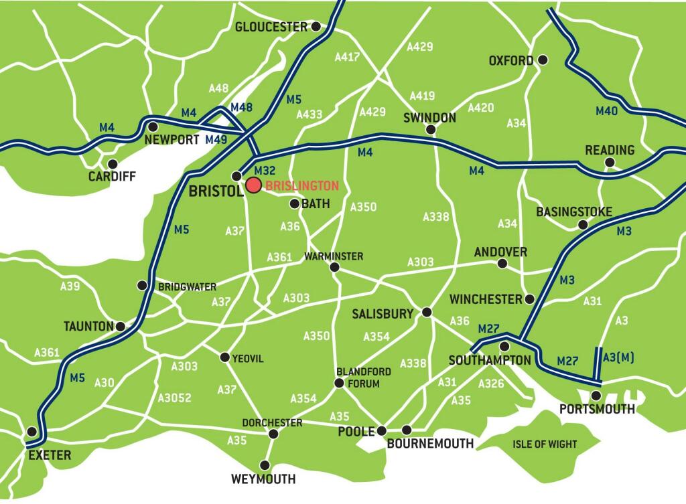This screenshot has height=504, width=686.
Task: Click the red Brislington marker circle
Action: pyautogui.click(x=253, y=185)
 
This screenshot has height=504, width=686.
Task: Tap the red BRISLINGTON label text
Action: pyautogui.click(x=301, y=186)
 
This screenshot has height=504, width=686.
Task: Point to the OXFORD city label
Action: pyautogui.click(x=511, y=61)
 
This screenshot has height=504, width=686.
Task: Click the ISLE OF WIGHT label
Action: pyautogui.click(x=545, y=444)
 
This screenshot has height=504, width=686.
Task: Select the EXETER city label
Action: pyautogui.click(x=48, y=455)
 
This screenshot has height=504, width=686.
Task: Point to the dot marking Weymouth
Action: pyautogui.click(x=266, y=465)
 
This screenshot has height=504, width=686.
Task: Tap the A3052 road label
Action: pyautogui.click(x=174, y=398)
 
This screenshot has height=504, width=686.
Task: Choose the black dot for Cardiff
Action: pyautogui.click(x=113, y=163)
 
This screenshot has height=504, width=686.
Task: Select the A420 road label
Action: pyautogui.click(x=480, y=108)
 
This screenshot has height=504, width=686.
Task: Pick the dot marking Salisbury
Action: pyautogui.click(x=427, y=313)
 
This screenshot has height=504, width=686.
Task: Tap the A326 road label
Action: pyautogui.click(x=491, y=384)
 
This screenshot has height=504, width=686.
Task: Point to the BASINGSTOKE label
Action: pyautogui.click(x=574, y=212)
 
